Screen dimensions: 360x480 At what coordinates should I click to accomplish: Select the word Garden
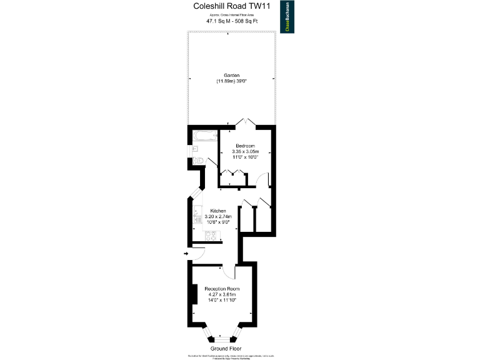click(232, 75)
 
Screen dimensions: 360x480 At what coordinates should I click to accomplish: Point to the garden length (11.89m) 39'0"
click(232, 81)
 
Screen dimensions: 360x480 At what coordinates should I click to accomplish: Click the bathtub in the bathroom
click(203, 135)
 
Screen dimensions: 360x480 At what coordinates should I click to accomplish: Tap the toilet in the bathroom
click(197, 161)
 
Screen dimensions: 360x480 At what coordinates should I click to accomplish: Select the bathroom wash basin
click(194, 148)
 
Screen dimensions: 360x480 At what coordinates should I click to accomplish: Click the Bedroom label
click(245, 146)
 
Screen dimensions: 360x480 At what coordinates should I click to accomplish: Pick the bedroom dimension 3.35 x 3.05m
click(245, 152)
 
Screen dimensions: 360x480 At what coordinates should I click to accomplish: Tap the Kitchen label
click(218, 211)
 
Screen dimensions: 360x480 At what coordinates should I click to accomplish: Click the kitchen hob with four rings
click(211, 236)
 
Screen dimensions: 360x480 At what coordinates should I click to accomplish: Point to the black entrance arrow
click(186, 253)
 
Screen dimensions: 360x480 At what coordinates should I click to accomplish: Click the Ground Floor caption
click(226, 348)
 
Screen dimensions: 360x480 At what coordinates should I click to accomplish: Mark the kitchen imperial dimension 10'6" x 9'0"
click(218, 222)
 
